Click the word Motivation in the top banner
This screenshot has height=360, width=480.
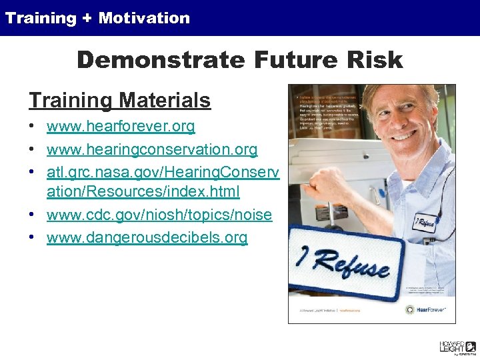click(144, 18)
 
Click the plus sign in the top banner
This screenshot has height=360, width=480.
click(87, 18)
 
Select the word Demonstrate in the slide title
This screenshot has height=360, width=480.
click(161, 60)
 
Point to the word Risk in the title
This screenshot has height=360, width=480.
click(377, 60)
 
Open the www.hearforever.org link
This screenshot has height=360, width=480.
click(121, 126)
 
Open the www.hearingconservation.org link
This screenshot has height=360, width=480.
click(151, 149)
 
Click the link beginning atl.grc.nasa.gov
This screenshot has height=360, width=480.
click(162, 172)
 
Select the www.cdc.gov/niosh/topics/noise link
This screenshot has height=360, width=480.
click(159, 215)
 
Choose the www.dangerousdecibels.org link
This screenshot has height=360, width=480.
click(147, 237)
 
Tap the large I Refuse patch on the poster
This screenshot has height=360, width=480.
click(344, 260)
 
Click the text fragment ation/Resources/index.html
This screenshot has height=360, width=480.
click(143, 192)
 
